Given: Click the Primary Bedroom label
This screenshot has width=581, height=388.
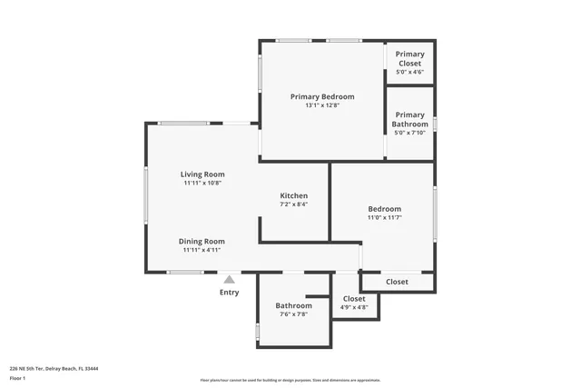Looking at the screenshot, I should point(322,96).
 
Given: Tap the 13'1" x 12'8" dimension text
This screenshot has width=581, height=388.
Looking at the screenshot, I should point(322,105).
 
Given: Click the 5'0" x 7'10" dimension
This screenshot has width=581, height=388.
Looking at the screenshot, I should point(409,134).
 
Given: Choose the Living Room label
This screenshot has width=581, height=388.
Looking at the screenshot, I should point(202,174).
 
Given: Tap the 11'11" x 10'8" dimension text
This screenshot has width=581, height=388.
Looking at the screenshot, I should point(202,184).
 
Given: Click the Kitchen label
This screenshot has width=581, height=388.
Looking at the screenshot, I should point(293,195).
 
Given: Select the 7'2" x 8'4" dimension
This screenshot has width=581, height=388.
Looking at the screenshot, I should point(293,204).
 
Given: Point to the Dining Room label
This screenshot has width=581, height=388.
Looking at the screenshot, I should point(202,241).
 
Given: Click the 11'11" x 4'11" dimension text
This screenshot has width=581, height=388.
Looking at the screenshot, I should point(202,250).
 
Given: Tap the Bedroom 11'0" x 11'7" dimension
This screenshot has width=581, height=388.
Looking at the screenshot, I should point(384,218).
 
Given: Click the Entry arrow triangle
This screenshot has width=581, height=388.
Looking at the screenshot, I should point(229,280).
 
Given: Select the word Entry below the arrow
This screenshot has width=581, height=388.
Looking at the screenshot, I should point(229,293).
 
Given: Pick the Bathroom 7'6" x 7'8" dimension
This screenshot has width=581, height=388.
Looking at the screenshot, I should point(293,315).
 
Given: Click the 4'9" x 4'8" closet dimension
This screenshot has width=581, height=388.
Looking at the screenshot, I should point(354,308).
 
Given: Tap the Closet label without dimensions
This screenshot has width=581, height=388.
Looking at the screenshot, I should point(397,282).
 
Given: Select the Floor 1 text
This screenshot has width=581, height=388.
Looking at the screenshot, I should point(17,378).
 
